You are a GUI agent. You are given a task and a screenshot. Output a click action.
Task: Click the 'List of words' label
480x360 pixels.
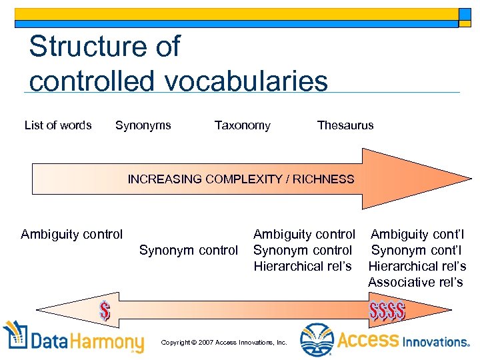pyautogui.click(x=58, y=125)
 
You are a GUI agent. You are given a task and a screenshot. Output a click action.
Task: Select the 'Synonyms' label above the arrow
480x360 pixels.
pyautogui.click(x=143, y=125)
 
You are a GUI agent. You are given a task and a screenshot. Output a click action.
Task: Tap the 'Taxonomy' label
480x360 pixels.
pyautogui.click(x=242, y=125)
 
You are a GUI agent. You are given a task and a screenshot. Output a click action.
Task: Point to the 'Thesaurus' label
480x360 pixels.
pyautogui.click(x=345, y=125)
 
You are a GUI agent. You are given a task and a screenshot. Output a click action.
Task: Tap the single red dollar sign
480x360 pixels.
pyautogui.click(x=105, y=310)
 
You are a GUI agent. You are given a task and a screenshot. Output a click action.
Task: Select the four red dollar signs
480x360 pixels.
pyautogui.click(x=387, y=311)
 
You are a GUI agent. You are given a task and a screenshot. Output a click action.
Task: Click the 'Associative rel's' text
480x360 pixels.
pyautogui.click(x=415, y=282)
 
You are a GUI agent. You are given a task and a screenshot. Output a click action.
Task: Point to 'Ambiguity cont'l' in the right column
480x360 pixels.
pyautogui.click(x=417, y=234)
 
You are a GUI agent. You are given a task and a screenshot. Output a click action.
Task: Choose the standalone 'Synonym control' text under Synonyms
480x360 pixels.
pyautogui.click(x=188, y=251)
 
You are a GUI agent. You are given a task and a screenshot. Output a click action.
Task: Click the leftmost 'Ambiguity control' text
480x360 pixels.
pyautogui.click(x=72, y=234)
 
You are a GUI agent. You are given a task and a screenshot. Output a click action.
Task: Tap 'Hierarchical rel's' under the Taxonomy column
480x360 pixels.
pyautogui.click(x=302, y=266)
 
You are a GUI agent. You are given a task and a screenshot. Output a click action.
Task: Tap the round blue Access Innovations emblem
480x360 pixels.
pyautogui.click(x=316, y=340)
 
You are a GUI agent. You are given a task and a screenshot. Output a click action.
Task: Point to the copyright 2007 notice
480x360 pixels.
pyautogui.click(x=224, y=342)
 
